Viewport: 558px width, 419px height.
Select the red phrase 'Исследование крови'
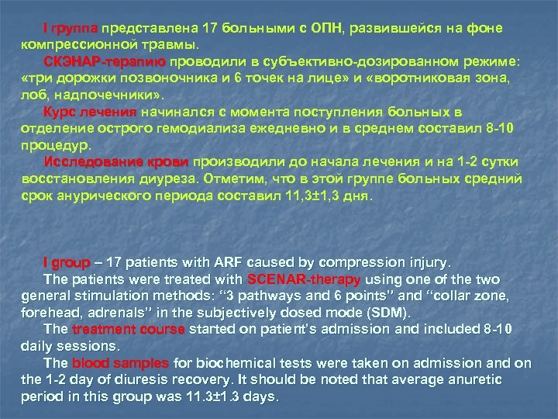[117, 162]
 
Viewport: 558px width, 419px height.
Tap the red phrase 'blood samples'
[121, 363]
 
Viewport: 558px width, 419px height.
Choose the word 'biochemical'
[225, 363]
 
